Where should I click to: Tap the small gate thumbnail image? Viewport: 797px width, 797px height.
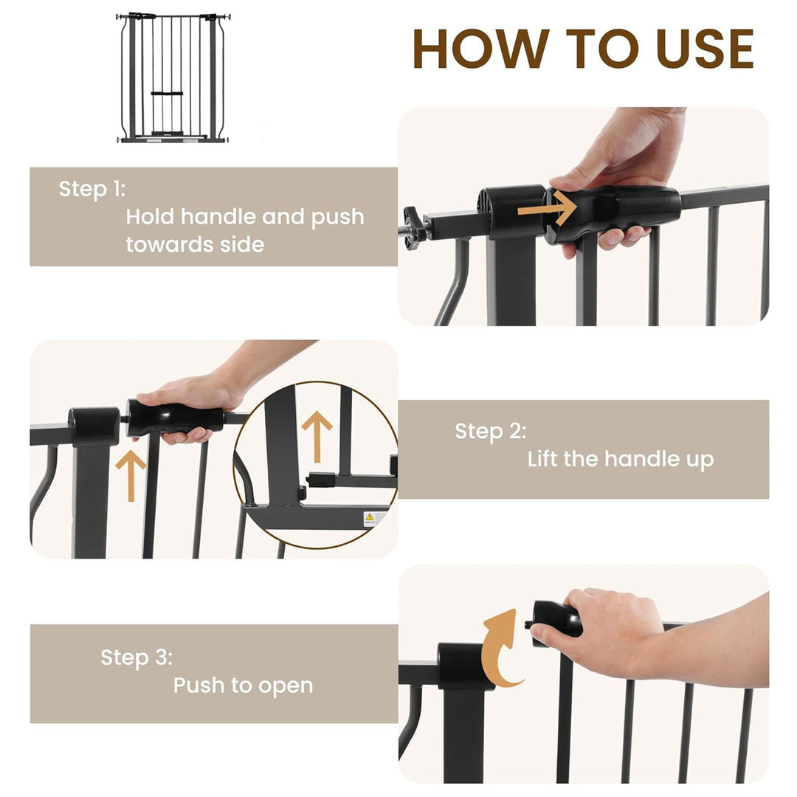click(x=173, y=77)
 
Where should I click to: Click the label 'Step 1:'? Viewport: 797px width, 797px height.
click(x=92, y=189)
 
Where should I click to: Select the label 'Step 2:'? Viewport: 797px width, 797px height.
click(x=491, y=431)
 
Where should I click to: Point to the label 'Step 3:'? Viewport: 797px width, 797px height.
click(x=137, y=657)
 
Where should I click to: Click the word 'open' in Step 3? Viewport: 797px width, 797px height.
click(x=285, y=685)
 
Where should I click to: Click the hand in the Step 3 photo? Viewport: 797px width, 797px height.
click(x=605, y=631)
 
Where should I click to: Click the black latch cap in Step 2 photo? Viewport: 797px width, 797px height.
click(x=94, y=427)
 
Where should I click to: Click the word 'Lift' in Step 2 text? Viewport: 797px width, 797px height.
click(x=542, y=459)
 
